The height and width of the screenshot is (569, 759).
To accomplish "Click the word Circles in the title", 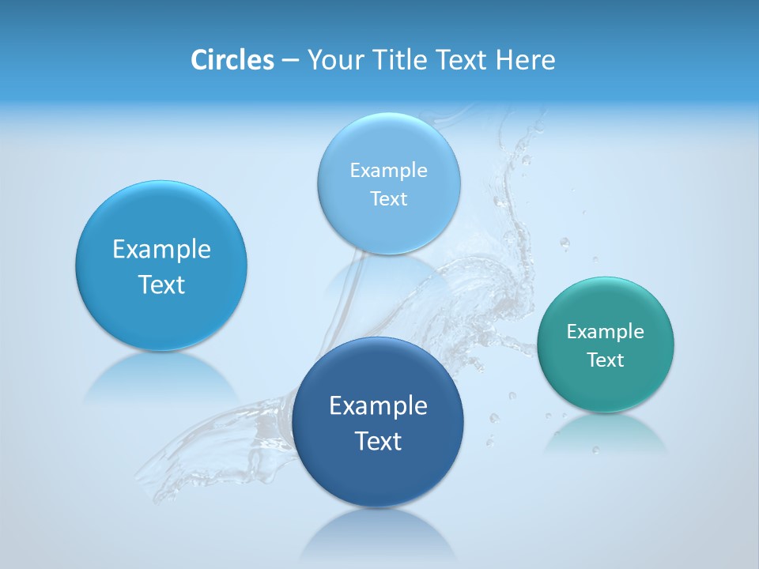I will pyautogui.click(x=232, y=60).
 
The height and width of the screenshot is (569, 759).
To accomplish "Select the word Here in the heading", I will pyautogui.click(x=525, y=60).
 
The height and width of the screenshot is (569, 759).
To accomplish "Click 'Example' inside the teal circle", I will pyautogui.click(x=605, y=331).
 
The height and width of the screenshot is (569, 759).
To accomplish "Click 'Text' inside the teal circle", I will pyautogui.click(x=606, y=360).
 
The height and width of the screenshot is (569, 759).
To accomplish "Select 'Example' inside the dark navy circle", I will pyautogui.click(x=378, y=406).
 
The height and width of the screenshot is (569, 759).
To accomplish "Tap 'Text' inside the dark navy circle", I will pyautogui.click(x=378, y=441).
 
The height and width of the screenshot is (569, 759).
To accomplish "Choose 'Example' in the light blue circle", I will pyautogui.click(x=389, y=171).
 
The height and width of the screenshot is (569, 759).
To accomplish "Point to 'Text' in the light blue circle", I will pyautogui.click(x=389, y=199).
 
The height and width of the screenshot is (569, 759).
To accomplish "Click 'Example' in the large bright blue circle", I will pyautogui.click(x=161, y=250).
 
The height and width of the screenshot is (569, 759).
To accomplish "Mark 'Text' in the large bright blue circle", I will pyautogui.click(x=161, y=284).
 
